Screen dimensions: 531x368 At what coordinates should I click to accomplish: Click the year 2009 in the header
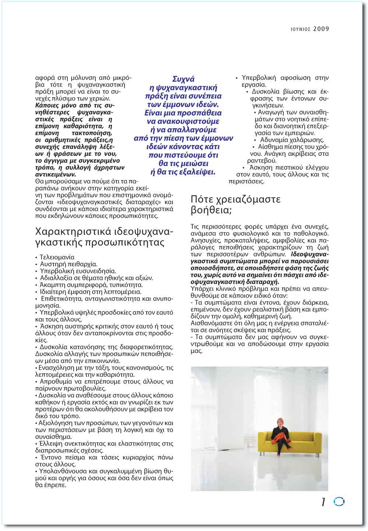[321, 29]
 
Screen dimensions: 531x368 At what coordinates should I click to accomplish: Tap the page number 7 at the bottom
[323, 502]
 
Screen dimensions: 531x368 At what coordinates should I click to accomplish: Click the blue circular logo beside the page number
[339, 502]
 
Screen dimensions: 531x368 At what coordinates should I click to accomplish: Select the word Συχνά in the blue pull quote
[183, 79]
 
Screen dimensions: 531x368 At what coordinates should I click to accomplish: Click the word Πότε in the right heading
[202, 200]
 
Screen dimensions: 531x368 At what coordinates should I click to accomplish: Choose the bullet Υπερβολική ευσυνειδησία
[78, 271]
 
